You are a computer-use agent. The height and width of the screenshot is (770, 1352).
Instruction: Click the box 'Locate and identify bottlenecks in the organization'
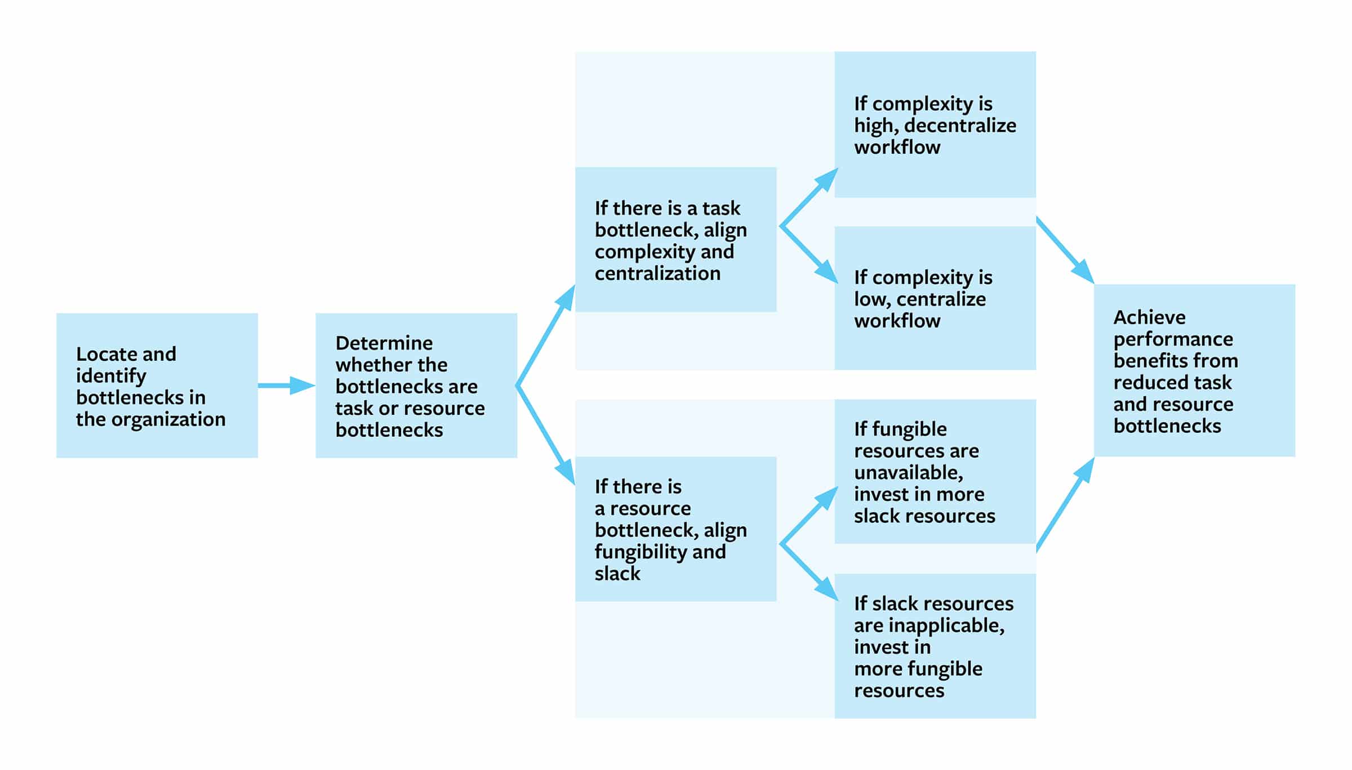(x=157, y=386)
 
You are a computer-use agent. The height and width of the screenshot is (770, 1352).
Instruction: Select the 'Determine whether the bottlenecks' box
(x=416, y=386)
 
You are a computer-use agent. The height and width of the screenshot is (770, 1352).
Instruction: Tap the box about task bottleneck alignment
(x=675, y=239)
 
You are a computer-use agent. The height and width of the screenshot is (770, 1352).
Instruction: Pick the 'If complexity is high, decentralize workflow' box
(x=935, y=124)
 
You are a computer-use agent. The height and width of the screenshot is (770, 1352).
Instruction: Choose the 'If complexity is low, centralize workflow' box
(x=935, y=298)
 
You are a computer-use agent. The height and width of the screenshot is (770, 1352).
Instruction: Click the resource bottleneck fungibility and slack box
(x=675, y=529)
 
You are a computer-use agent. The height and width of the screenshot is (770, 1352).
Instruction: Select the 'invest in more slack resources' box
(x=935, y=471)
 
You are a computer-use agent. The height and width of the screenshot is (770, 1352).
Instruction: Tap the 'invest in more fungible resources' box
(x=935, y=646)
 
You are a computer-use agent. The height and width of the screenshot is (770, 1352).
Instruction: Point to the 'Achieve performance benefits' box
(x=1194, y=370)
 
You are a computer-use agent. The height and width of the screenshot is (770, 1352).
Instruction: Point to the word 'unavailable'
(x=908, y=472)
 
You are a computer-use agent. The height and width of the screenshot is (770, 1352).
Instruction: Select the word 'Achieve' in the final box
(x=1149, y=317)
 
